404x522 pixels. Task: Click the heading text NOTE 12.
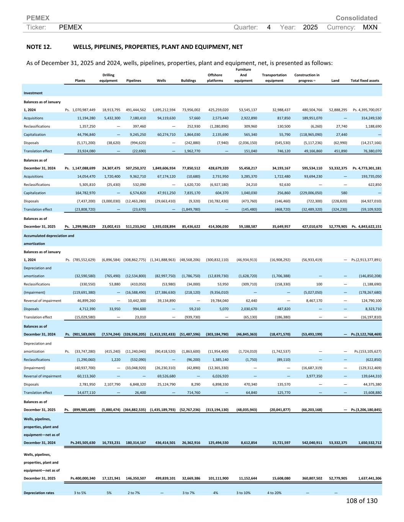point(39,47)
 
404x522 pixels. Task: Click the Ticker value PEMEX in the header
point(71,27)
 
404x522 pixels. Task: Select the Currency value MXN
point(370,27)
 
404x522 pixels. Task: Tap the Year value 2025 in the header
point(310,27)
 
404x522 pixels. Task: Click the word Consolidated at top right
point(356,18)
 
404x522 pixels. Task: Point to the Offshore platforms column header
point(215,78)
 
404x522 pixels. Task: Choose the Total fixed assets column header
point(365,81)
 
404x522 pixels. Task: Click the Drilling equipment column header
point(108,78)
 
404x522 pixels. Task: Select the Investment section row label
point(33,93)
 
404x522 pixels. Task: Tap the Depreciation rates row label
point(39,493)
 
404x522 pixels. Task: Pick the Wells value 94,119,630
point(166,118)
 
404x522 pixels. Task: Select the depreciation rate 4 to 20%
point(274,493)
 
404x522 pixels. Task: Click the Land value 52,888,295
point(338,110)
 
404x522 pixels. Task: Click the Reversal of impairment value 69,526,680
point(166,376)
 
